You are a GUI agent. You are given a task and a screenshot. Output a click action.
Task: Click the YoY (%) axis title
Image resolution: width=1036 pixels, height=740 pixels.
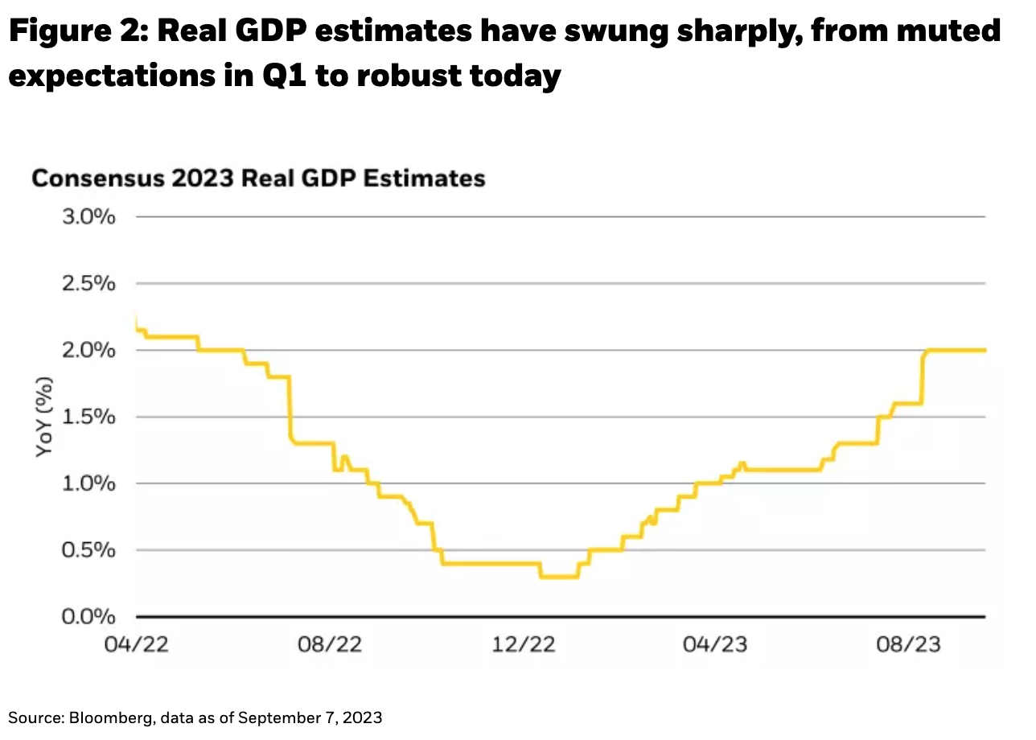click(45, 417)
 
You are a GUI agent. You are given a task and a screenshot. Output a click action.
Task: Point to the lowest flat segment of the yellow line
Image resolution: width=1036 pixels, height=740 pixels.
click(559, 576)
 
